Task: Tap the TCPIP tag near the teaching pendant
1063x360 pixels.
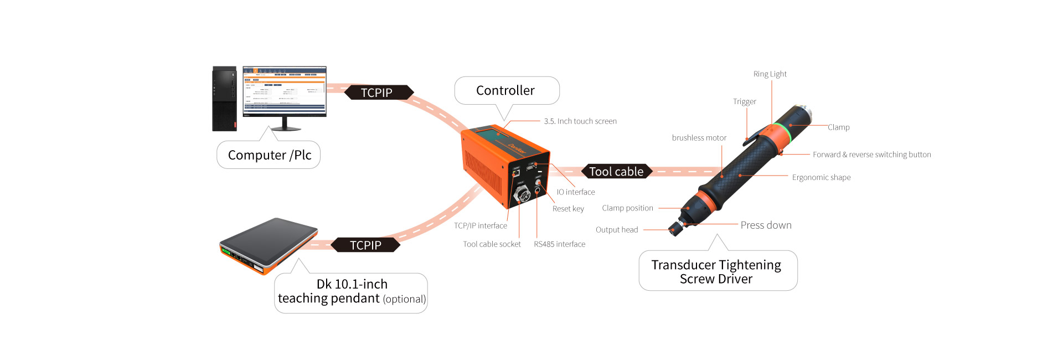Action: click(x=365, y=245)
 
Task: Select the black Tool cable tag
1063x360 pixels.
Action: click(x=616, y=172)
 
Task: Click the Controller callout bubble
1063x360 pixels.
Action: click(x=506, y=90)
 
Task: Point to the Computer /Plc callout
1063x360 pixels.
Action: click(x=270, y=155)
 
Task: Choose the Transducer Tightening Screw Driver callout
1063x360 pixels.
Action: click(x=716, y=271)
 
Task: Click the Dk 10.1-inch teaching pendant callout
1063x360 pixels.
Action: click(x=352, y=292)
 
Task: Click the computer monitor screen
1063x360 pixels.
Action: click(x=285, y=91)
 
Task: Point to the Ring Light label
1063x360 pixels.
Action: click(x=770, y=74)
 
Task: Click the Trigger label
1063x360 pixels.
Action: click(x=744, y=102)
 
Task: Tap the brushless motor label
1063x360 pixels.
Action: click(x=699, y=138)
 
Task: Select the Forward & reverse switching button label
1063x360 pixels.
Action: click(x=871, y=155)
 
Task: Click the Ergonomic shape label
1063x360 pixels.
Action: click(x=821, y=178)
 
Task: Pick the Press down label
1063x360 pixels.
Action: click(x=766, y=225)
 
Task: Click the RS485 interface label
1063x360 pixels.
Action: click(x=559, y=244)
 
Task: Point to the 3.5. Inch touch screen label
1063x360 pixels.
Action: click(x=580, y=121)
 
